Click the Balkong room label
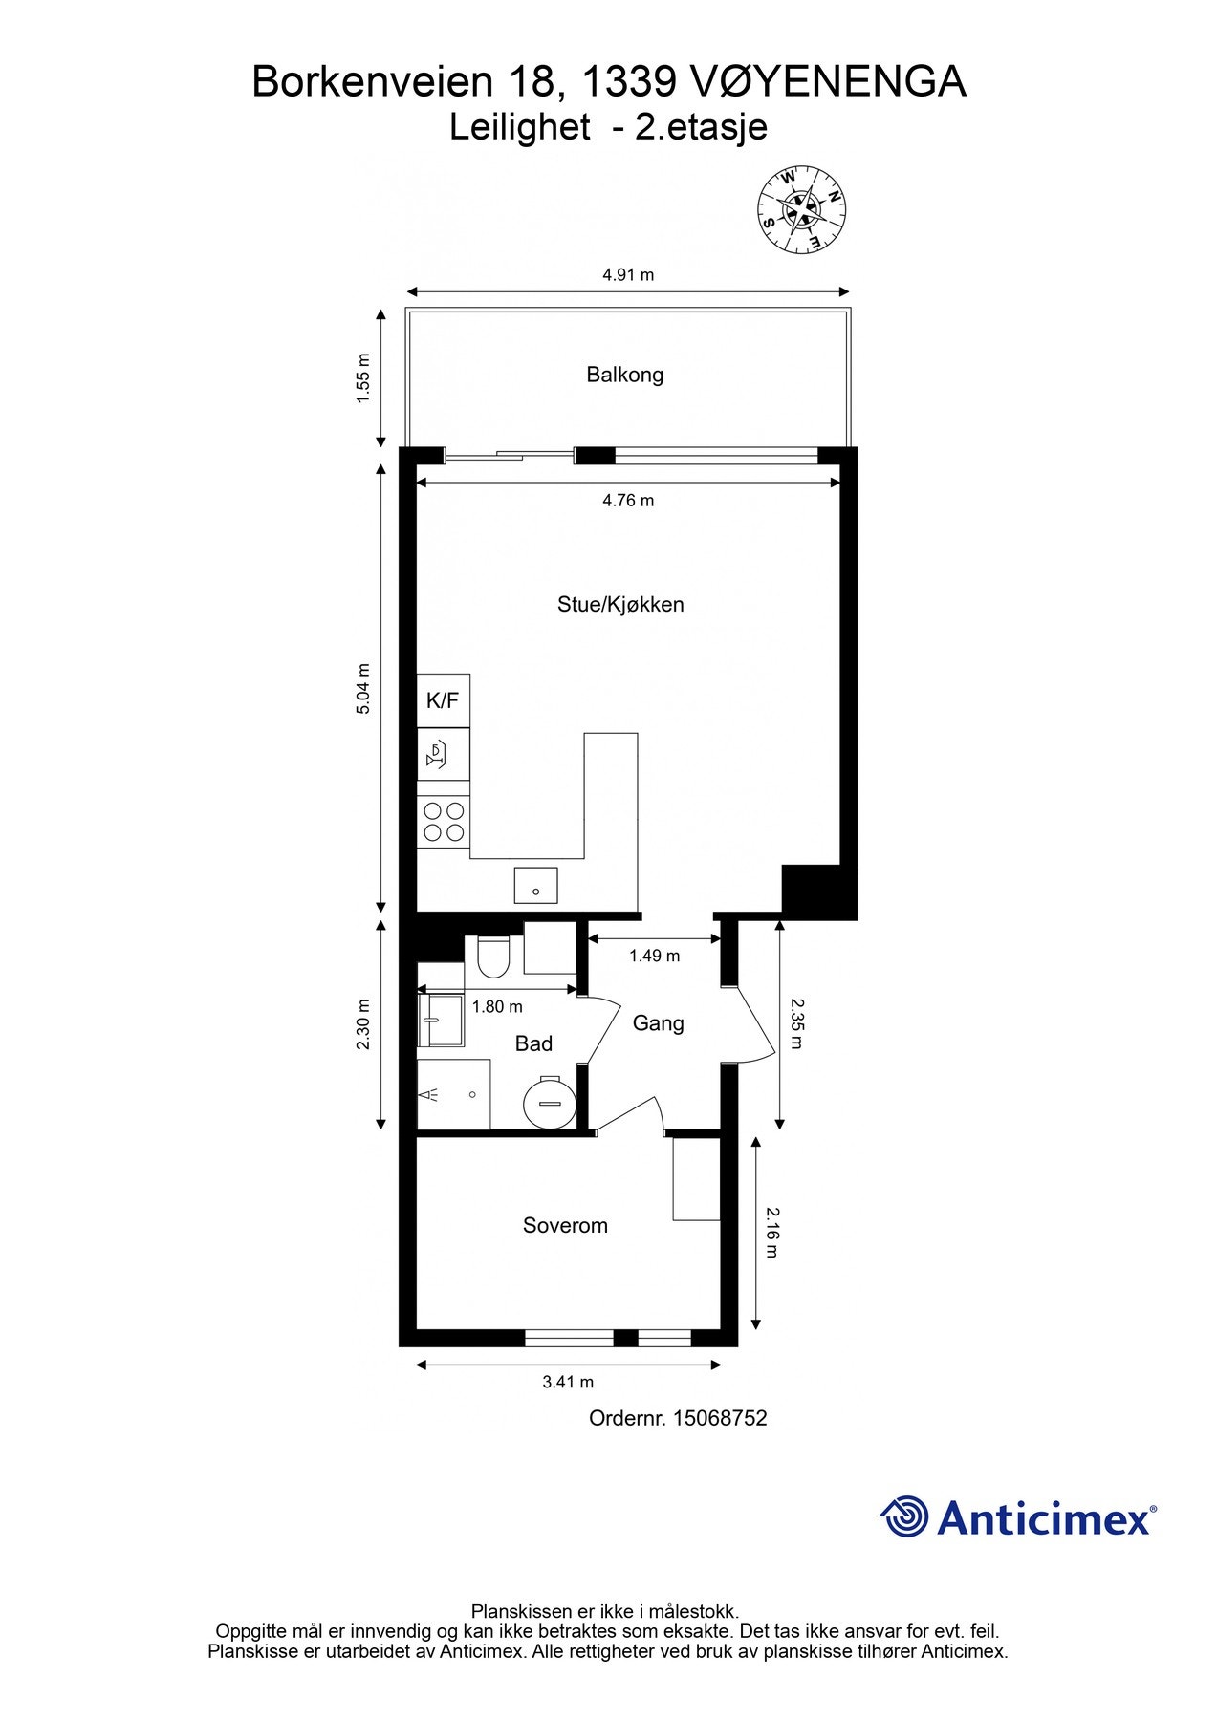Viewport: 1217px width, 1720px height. pyautogui.click(x=624, y=375)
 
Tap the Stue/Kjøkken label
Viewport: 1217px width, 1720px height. pyautogui.click(x=620, y=604)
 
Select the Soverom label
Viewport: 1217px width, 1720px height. pyautogui.click(x=564, y=1225)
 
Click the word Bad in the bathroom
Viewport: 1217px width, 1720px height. pyautogui.click(x=533, y=1043)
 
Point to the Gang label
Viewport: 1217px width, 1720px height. pyautogui.click(x=658, y=1023)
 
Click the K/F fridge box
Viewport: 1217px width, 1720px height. pyautogui.click(x=443, y=700)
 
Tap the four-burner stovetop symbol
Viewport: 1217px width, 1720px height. pyautogui.click(x=444, y=822)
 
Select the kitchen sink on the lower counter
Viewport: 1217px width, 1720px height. pyautogui.click(x=535, y=885)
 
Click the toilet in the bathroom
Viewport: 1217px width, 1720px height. pyautogui.click(x=493, y=958)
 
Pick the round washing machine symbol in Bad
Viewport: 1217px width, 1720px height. pyautogui.click(x=549, y=1103)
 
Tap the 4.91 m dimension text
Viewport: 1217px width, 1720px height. pyautogui.click(x=628, y=275)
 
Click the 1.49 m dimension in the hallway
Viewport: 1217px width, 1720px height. pyautogui.click(x=654, y=956)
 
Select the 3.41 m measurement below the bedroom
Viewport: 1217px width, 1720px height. pyautogui.click(x=568, y=1382)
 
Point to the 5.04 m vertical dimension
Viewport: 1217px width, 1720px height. pyautogui.click(x=362, y=688)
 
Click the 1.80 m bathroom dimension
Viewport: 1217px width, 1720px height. pyautogui.click(x=497, y=1006)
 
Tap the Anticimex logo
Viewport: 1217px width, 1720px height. pyautogui.click(x=1017, y=1517)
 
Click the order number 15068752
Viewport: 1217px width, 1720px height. pyautogui.click(x=719, y=1418)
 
